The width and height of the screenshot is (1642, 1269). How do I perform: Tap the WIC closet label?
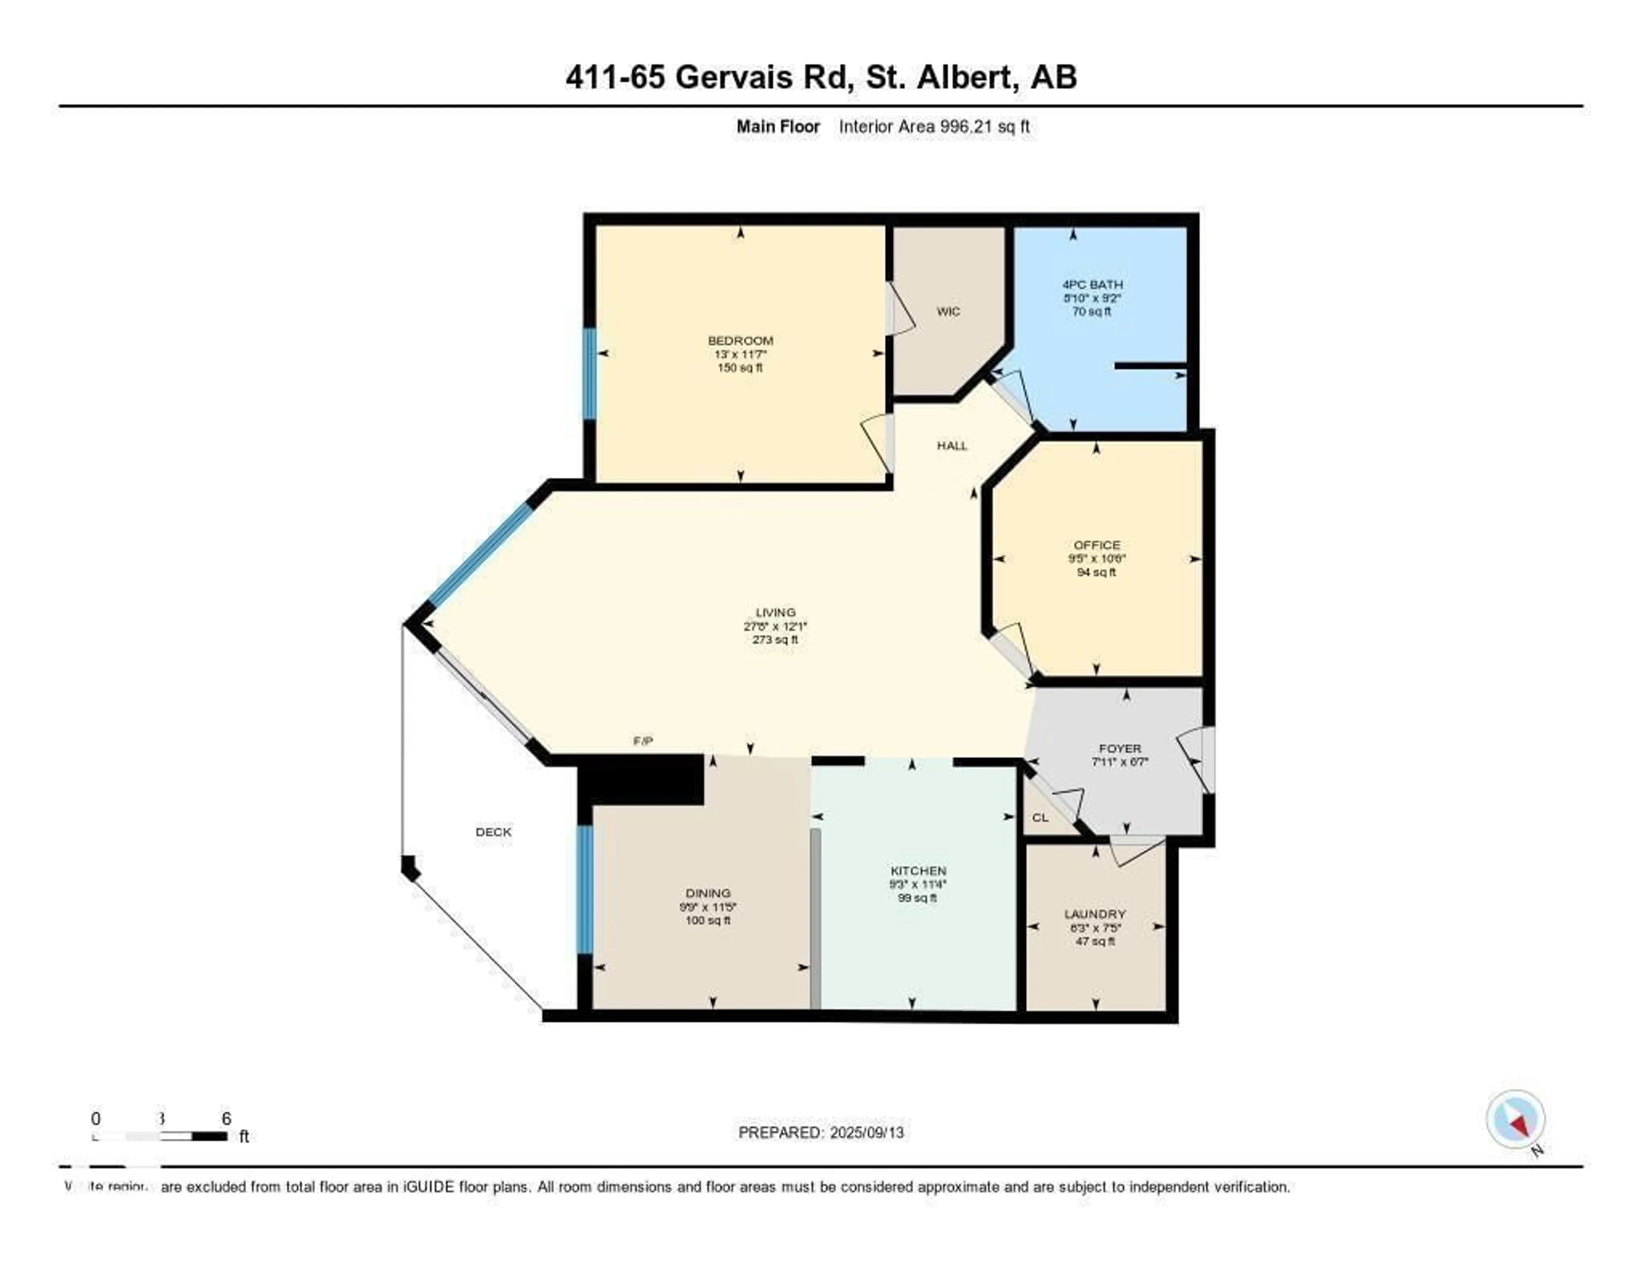948,311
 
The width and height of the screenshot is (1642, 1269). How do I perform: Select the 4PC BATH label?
1092,285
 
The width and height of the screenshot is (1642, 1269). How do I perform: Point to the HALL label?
952,445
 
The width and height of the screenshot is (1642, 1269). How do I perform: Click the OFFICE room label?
1096,545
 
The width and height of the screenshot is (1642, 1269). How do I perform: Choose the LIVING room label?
775,612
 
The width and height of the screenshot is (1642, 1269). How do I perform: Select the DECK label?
493,832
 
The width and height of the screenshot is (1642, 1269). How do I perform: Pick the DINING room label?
708,894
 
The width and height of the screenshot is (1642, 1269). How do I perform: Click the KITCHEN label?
918,870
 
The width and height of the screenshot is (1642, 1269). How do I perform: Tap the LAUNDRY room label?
1095,914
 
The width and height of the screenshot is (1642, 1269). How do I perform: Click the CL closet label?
1040,818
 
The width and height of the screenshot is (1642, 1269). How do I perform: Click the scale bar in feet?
159,1136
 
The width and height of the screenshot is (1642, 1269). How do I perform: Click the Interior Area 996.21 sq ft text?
934,126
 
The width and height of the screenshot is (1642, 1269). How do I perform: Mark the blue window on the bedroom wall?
590,374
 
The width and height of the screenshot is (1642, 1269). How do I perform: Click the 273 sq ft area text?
775,639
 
